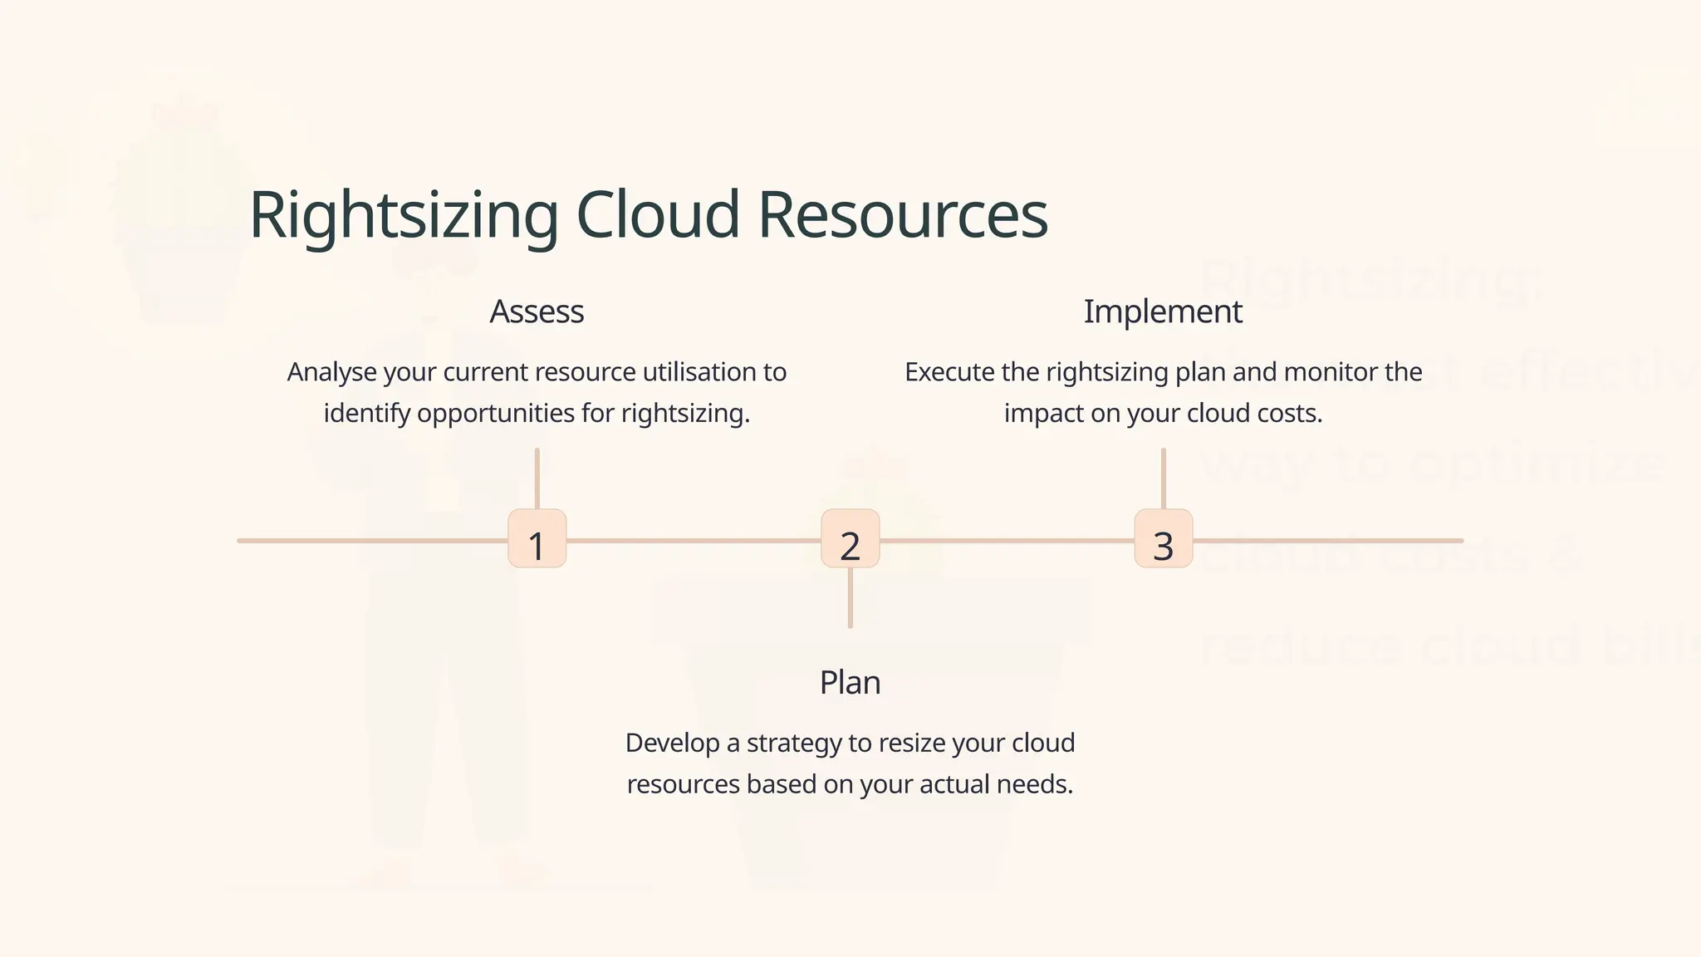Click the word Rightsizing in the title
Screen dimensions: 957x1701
click(404, 216)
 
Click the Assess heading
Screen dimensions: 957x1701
click(537, 312)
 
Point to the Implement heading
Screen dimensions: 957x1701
click(1163, 312)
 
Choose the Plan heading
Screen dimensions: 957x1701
click(850, 683)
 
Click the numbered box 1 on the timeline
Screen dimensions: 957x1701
click(537, 539)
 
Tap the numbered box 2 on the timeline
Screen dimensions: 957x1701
click(850, 539)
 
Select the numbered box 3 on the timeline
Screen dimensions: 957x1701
click(1164, 539)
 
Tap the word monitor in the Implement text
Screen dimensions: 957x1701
click(1331, 372)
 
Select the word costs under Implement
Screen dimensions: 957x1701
click(1289, 414)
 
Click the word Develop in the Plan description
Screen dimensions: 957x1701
click(672, 743)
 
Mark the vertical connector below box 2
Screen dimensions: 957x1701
click(850, 598)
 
